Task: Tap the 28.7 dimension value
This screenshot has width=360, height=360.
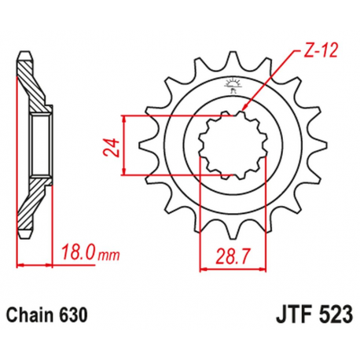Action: click(x=233, y=254)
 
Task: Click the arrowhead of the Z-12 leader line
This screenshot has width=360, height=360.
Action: click(x=244, y=110)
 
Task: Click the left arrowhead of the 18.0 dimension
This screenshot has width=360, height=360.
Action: click(x=19, y=265)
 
